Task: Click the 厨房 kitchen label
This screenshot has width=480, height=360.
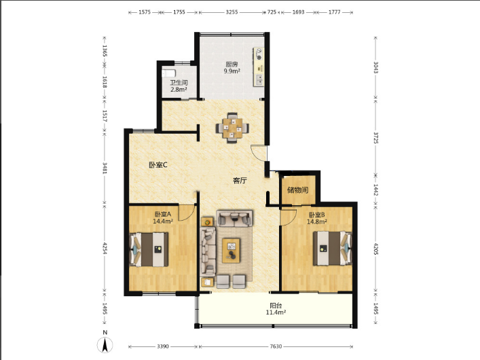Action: tap(232, 65)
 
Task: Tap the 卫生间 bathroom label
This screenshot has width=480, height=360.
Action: tap(179, 83)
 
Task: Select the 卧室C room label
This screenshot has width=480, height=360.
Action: tap(158, 165)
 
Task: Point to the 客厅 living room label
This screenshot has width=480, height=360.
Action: tap(240, 181)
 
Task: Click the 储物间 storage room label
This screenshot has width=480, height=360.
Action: tap(297, 190)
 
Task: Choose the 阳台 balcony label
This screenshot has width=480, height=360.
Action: tap(276, 306)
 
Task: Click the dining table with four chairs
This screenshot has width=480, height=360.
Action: tap(232, 128)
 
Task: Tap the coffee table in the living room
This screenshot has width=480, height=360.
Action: tap(231, 251)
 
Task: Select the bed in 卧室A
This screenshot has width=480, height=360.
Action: tap(149, 249)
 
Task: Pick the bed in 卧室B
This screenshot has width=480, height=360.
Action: tap(332, 248)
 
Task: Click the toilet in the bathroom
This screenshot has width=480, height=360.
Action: tap(168, 73)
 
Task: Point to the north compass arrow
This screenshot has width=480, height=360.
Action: tap(105, 344)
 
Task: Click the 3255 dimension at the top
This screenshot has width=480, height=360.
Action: tap(232, 12)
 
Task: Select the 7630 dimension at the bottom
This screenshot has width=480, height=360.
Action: tap(276, 346)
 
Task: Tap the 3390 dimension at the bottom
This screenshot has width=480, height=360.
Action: tap(163, 346)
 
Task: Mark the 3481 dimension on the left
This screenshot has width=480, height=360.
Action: tap(105, 168)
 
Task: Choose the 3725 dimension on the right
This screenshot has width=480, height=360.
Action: tap(376, 138)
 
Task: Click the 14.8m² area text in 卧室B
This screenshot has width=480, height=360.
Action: tap(317, 221)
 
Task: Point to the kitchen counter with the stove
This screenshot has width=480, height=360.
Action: tap(259, 67)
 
